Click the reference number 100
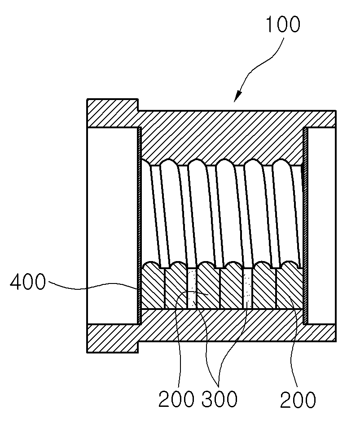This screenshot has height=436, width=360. [x=283, y=24]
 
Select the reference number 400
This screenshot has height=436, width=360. [x=27, y=282]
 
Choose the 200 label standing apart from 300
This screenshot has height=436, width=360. [x=298, y=400]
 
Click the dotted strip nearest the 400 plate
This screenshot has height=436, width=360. [x=192, y=288]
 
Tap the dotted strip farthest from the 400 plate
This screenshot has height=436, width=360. [x=248, y=288]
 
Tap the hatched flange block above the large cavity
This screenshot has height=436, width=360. [x=113, y=113]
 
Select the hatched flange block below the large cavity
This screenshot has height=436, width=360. [x=113, y=338]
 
